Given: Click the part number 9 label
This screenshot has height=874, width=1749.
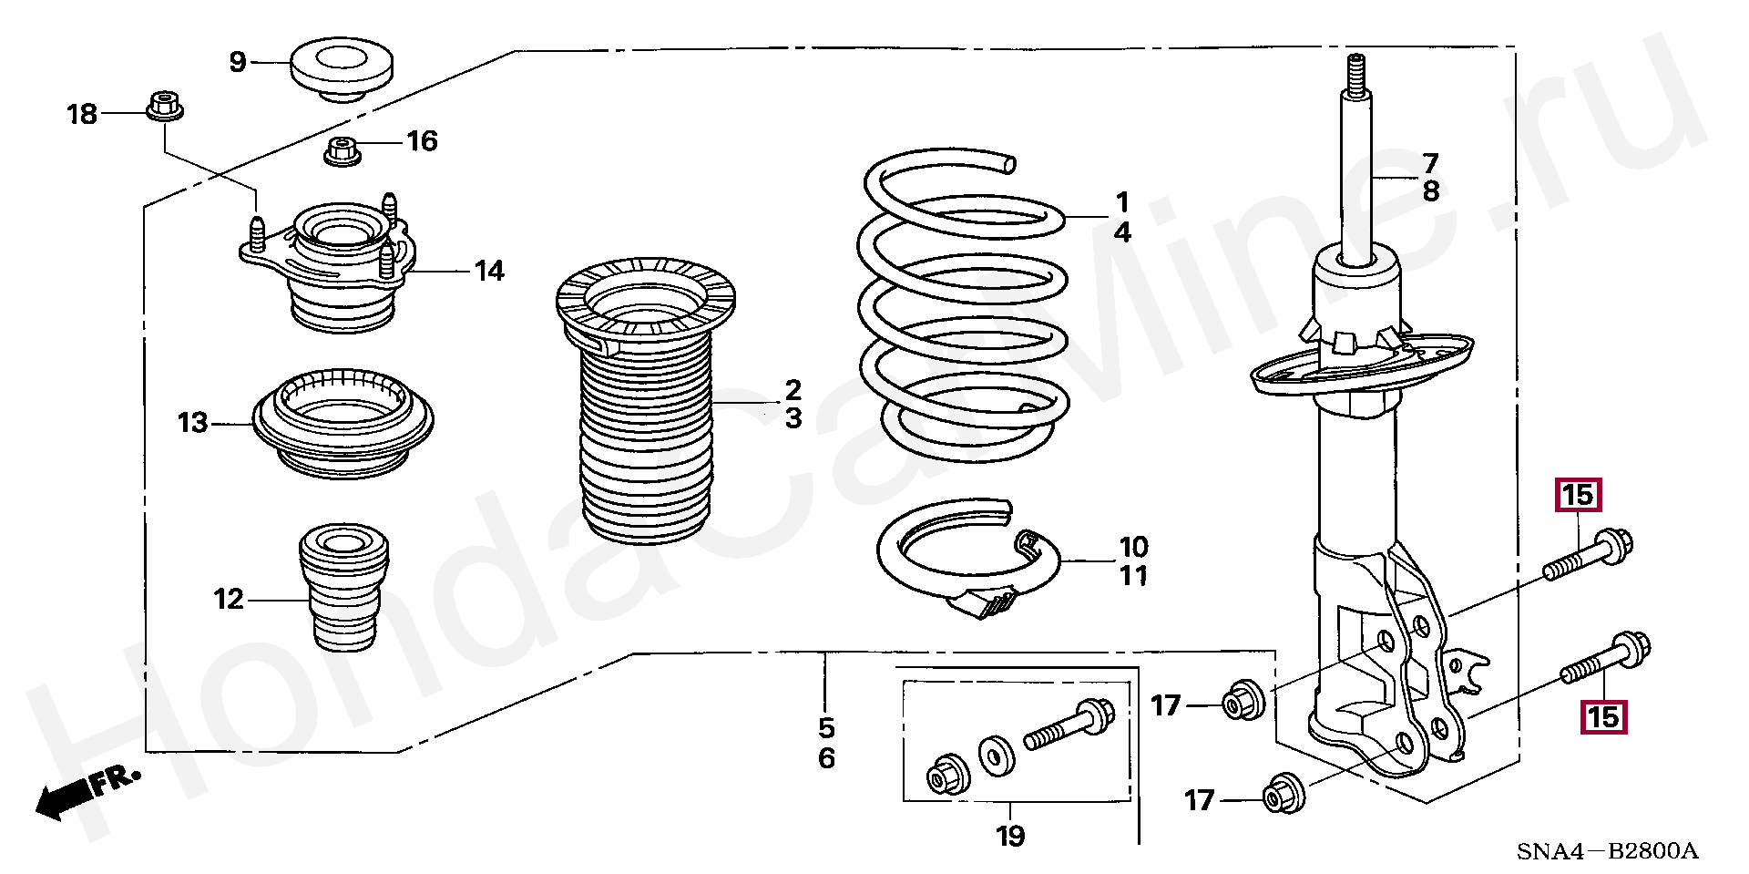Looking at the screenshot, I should coord(238,62).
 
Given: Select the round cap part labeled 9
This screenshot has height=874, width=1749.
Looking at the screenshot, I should coord(342,67).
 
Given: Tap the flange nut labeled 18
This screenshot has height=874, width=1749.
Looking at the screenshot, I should coord(165,106).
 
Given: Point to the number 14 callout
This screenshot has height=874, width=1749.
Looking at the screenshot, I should coord(489,271).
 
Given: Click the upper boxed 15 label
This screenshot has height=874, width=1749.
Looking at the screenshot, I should coord(1578,496).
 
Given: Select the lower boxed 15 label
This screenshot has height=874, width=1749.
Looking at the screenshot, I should coord(1603,717).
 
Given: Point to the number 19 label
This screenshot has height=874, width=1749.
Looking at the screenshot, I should coord(1010,836).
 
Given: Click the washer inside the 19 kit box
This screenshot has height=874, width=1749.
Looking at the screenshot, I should coord(997,756).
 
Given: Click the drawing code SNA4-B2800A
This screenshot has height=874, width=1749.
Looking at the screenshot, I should coord(1607,851).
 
